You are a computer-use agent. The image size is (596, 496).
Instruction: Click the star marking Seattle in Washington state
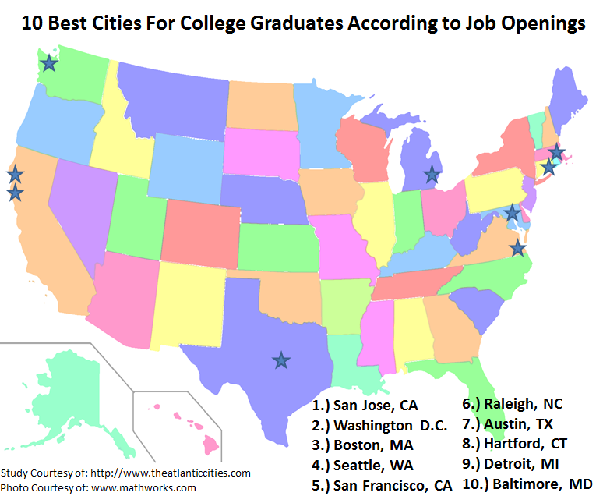pyautogui.click(x=49, y=63)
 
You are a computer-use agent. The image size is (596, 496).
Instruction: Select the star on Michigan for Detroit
pyautogui.click(x=431, y=175)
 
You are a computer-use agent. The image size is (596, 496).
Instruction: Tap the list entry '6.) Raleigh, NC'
pyautogui.click(x=512, y=403)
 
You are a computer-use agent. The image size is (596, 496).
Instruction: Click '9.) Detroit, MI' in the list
pyautogui.click(x=513, y=464)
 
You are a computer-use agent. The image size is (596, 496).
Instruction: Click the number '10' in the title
pyautogui.click(x=31, y=23)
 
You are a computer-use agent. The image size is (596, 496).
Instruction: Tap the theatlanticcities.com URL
pyautogui.click(x=171, y=473)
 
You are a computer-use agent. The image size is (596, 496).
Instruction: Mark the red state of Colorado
pyautogui.click(x=201, y=235)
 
